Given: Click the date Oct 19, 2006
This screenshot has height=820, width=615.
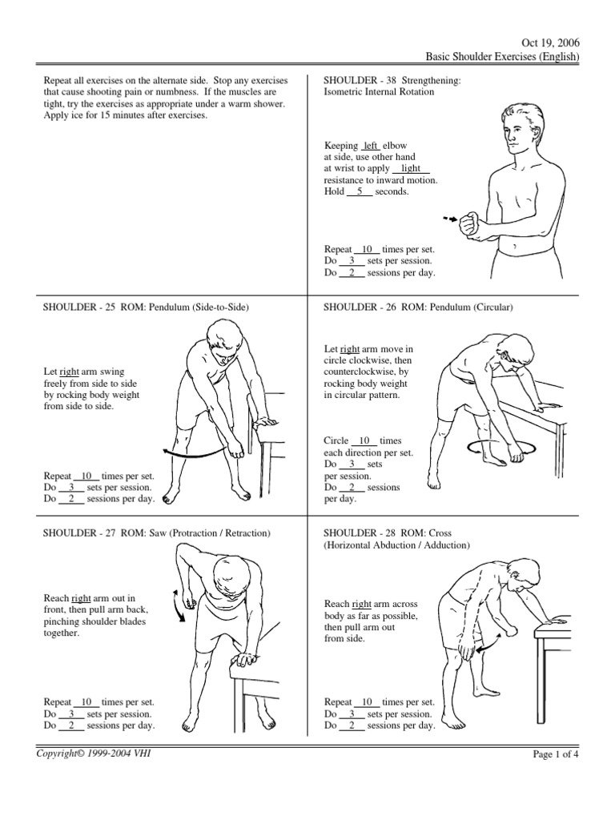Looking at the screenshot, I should pyautogui.click(x=553, y=42).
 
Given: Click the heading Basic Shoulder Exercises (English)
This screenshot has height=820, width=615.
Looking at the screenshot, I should pyautogui.click(x=502, y=56).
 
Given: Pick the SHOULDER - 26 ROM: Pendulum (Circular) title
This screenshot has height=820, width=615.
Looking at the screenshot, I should pyautogui.click(x=417, y=307).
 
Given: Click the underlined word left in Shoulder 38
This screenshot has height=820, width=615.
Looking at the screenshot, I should pyautogui.click(x=370, y=146).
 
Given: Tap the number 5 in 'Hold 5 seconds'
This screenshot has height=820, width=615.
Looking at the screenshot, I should pyautogui.click(x=360, y=191).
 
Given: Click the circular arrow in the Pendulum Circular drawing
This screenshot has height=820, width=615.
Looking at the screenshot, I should pyautogui.click(x=494, y=448).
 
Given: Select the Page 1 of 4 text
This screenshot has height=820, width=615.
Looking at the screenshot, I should pyautogui.click(x=556, y=754).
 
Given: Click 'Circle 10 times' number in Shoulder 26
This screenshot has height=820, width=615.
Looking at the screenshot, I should pyautogui.click(x=364, y=441).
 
